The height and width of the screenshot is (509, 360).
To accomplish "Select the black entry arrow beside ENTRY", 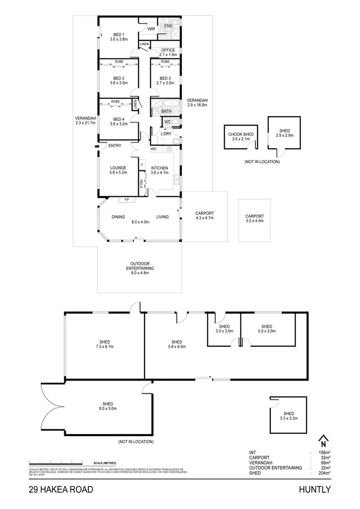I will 97,146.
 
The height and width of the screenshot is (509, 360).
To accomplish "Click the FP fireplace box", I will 127,199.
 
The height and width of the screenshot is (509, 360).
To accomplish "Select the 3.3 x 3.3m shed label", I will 288,416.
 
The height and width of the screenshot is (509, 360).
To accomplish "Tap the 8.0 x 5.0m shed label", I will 108,406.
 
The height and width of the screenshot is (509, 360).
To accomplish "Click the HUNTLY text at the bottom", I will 314,490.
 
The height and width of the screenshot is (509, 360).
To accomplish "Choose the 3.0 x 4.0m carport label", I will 254,219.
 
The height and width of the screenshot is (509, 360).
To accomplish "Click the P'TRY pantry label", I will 142,183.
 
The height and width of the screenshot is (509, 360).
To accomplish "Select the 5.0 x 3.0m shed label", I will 266,329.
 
